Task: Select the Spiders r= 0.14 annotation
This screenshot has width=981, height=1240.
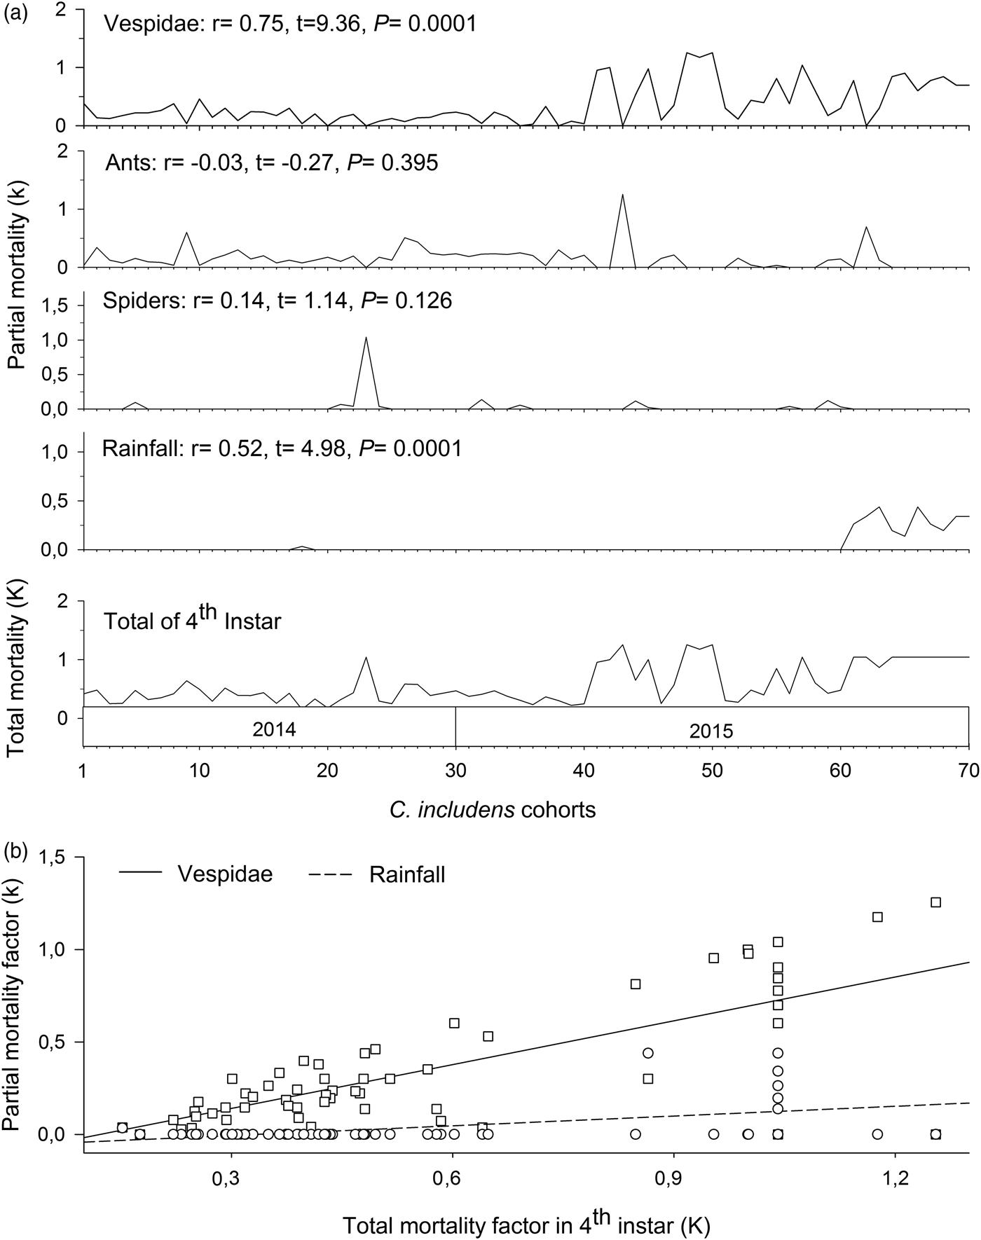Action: [277, 301]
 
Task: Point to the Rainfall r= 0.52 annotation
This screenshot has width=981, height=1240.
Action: [282, 448]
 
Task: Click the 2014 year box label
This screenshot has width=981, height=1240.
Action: [273, 729]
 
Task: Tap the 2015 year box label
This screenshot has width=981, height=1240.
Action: [711, 731]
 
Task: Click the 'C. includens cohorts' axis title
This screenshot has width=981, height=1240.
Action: [493, 811]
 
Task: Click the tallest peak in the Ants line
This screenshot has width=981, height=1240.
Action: [622, 195]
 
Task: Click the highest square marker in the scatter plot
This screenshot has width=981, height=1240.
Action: [935, 902]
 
